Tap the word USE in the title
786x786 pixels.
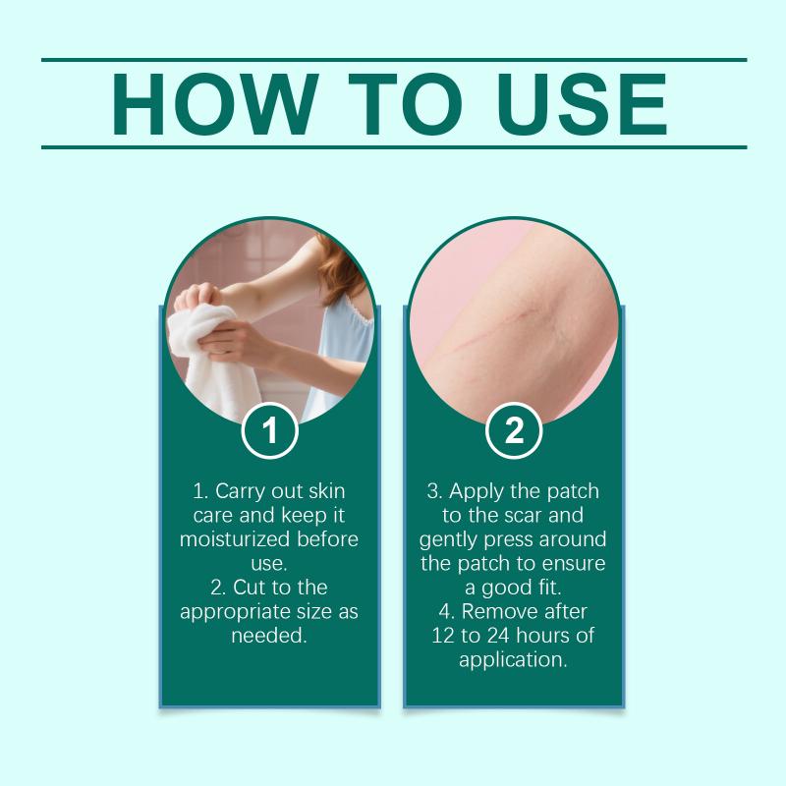pyautogui.click(x=582, y=104)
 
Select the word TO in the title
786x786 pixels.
pyautogui.click(x=405, y=104)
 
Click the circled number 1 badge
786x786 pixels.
pyautogui.click(x=269, y=430)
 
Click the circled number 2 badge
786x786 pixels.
pyautogui.click(x=514, y=430)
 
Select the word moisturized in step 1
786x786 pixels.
pyautogui.click(x=235, y=539)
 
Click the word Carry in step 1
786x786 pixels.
pyautogui.click(x=241, y=492)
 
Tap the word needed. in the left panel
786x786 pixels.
pyautogui.click(x=269, y=636)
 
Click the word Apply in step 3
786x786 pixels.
pyautogui.click(x=476, y=492)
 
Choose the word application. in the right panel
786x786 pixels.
pyautogui.click(x=513, y=660)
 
